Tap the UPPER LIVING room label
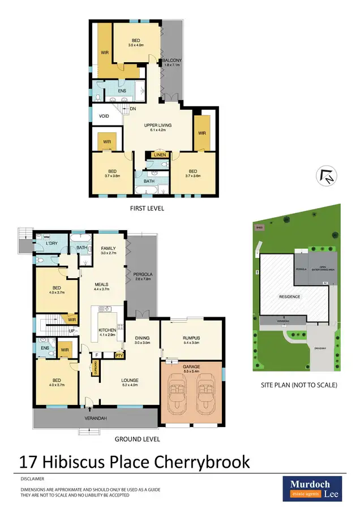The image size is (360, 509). point(157,126)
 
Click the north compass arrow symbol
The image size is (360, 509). point(327,176)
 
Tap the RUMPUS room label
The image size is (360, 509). point(192,338)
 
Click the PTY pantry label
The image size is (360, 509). point(119,356)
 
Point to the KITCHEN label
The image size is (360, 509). point(108,330)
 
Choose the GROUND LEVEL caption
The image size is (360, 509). point(137,439)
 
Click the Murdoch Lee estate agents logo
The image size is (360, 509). point(312,488)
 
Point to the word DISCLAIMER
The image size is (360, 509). point(33,478)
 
